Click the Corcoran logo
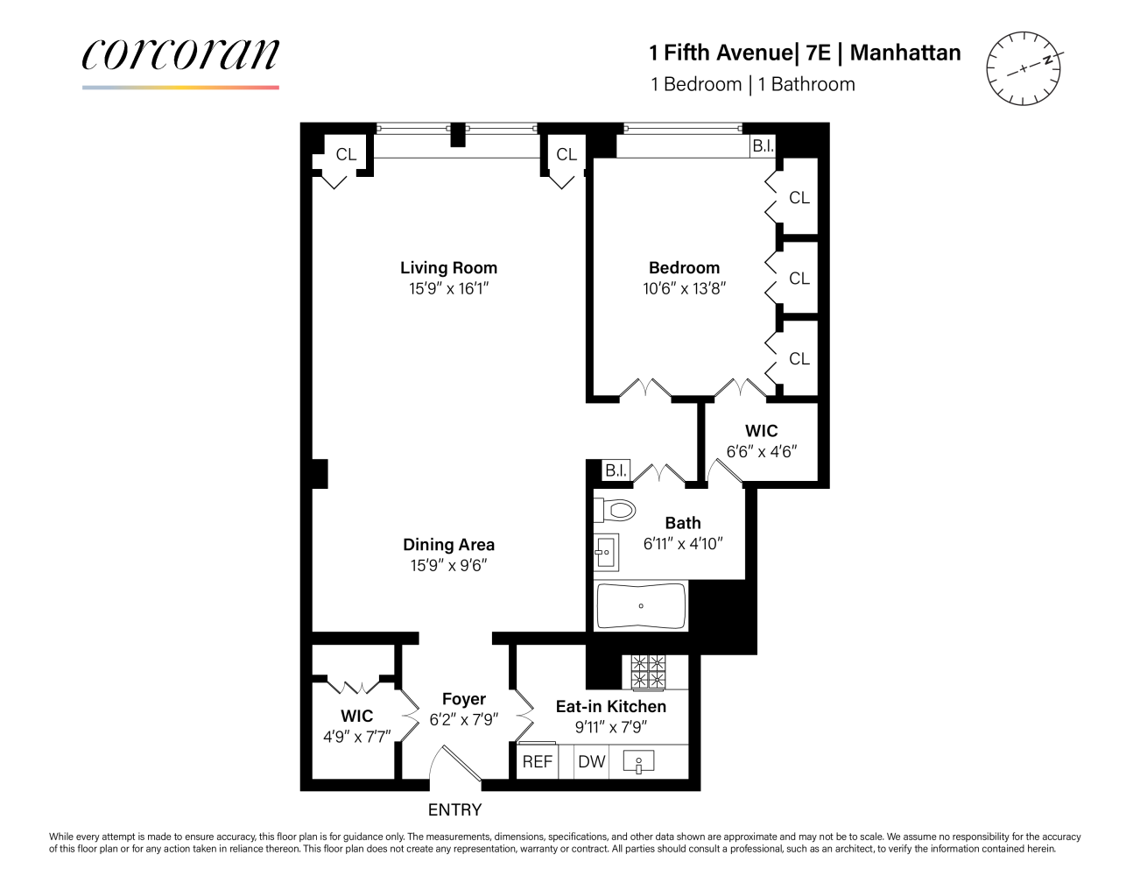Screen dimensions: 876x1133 coord(180,55)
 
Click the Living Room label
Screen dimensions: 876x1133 coord(448,268)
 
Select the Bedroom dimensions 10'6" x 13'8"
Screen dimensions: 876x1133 coord(684,288)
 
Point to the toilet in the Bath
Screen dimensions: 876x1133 coord(616,509)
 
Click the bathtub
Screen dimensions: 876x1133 coord(641,606)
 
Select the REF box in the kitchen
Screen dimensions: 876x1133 coord(537,761)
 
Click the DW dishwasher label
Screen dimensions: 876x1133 coord(592,761)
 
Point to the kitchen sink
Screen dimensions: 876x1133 coord(639,763)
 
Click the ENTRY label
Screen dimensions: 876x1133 coord(454,810)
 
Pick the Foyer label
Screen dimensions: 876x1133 coord(463,699)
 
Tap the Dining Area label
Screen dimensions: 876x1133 coord(448,545)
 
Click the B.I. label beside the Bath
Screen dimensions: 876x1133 coord(616,470)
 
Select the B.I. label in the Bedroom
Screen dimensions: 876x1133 coord(763,146)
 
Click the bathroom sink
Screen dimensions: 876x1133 coord(605,552)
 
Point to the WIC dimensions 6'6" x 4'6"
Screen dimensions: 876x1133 coord(761,452)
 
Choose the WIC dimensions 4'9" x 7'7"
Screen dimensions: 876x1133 coord(356,737)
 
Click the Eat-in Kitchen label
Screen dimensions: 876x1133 coord(610,706)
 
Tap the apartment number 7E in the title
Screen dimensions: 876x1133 coord(818,53)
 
